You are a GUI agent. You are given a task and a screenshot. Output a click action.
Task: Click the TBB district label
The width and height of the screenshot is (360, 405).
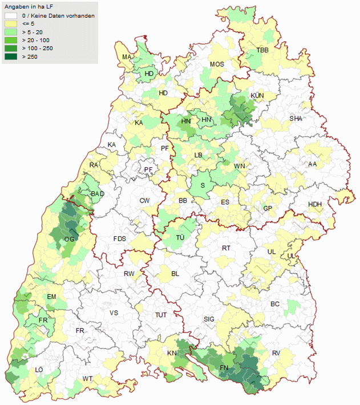pos(262,50)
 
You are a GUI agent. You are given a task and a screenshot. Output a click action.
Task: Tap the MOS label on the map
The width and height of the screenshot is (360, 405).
pos(217,64)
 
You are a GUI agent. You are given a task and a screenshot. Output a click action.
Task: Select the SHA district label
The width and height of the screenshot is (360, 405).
pos(296,119)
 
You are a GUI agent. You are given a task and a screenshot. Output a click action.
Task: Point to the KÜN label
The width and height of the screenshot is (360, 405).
pos(257,95)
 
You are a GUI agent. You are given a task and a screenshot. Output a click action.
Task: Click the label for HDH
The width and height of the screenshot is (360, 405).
pos(315,205)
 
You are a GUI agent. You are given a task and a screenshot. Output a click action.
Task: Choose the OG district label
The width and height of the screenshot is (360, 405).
pos(70,239)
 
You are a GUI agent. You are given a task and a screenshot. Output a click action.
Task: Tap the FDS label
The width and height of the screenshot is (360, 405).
pos(120,238)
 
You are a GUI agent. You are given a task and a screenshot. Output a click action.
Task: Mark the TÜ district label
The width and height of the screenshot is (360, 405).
pos(180,238)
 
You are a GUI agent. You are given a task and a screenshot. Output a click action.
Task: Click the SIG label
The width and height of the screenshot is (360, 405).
pos(209,319)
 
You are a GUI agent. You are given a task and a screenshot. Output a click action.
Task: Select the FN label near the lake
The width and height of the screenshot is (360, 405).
pos(225,368)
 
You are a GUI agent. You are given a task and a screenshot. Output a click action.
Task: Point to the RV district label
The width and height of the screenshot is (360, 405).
pos(276,354)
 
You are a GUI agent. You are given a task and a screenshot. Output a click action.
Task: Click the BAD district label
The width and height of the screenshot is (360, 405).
pos(97,194)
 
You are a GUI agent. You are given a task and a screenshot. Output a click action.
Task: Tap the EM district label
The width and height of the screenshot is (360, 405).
pos(51,297)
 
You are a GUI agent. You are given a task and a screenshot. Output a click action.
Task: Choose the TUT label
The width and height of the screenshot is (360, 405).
pos(161,315)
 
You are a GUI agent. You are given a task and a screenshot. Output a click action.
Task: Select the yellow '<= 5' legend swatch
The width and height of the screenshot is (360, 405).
pos(10,24)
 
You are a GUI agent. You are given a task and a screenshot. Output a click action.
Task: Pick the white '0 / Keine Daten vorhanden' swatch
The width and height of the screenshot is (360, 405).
pos(10,16)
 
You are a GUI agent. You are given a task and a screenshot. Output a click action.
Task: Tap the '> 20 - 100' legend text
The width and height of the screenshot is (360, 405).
pos(35,40)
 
